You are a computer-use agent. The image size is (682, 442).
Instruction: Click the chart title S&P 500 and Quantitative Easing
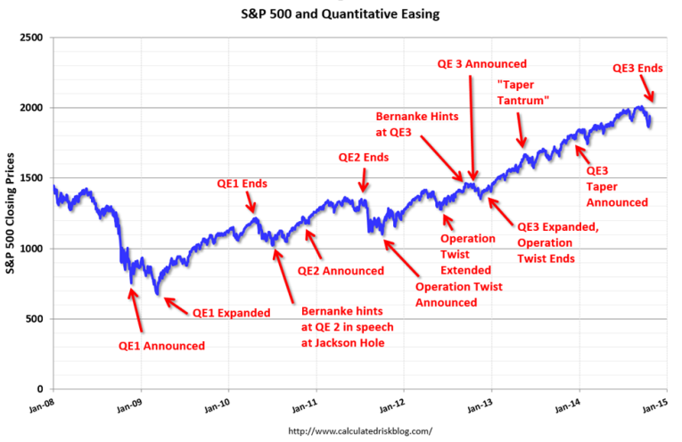tap(341, 14)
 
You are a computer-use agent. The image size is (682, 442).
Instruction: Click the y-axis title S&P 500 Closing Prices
tap(12, 214)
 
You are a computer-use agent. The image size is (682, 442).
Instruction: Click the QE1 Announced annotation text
tap(161, 346)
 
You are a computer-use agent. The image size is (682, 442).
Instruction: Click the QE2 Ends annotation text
tap(363, 158)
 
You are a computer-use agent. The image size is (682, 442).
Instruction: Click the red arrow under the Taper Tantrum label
tap(522, 131)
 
